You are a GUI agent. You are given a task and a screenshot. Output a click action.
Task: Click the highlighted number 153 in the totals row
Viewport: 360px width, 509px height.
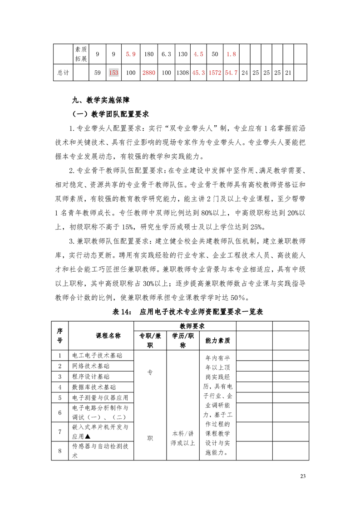pyautogui.click(x=113, y=73)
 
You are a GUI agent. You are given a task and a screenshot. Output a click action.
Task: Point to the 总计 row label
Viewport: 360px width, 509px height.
pyautogui.click(x=63, y=73)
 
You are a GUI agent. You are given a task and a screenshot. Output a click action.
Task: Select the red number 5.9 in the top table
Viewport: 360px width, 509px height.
pyautogui.click(x=131, y=54)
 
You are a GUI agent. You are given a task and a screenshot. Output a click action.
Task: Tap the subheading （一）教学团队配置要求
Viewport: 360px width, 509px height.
pyautogui.click(x=111, y=113)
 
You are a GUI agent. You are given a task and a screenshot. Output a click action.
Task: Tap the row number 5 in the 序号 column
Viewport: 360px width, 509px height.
pyautogui.click(x=60, y=397)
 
